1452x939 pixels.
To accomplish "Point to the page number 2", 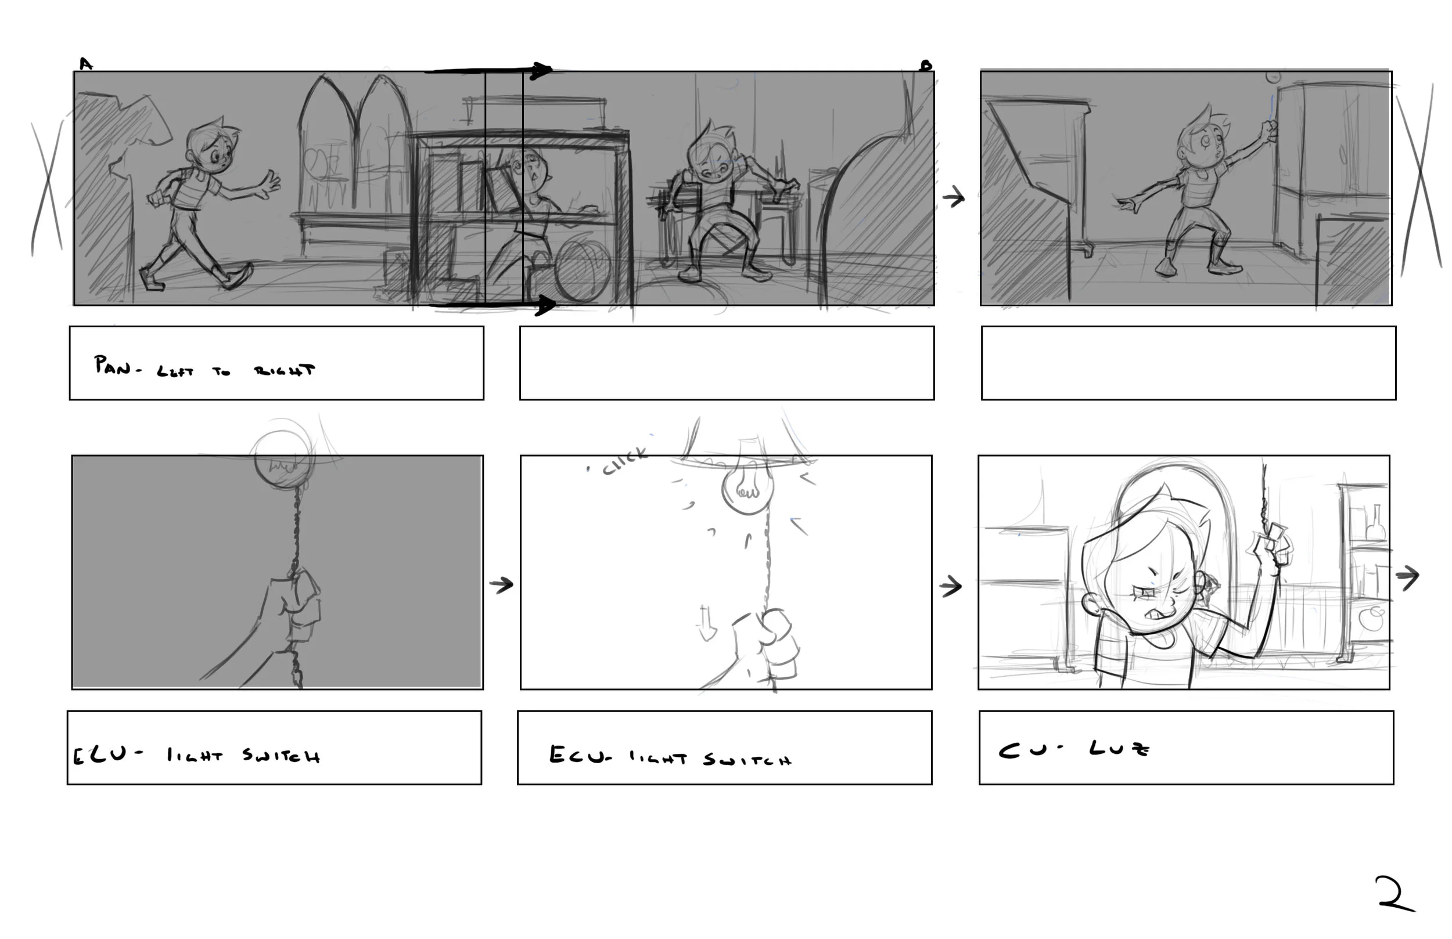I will [x=1393, y=895].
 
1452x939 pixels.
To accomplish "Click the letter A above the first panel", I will [x=85, y=64].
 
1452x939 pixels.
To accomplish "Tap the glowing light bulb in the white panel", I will [x=748, y=485].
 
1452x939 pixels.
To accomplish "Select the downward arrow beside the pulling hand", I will [x=706, y=623].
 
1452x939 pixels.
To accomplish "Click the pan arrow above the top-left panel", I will [x=488, y=71].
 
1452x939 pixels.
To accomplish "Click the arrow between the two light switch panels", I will [x=501, y=585].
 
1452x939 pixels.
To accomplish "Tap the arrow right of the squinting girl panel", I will [x=1407, y=576].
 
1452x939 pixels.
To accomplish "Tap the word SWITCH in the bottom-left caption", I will [x=281, y=756].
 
